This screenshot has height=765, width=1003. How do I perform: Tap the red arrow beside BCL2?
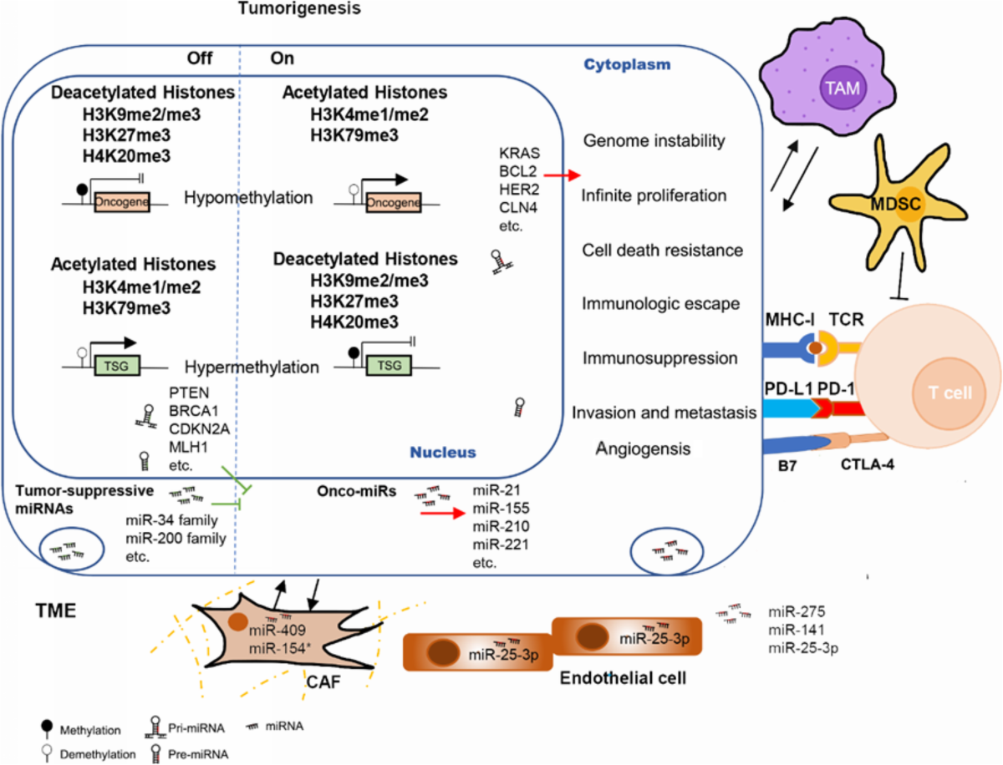(560, 175)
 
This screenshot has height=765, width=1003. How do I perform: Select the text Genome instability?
(653, 141)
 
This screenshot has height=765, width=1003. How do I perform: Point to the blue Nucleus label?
(442, 452)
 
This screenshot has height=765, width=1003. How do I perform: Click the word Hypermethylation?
(252, 367)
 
